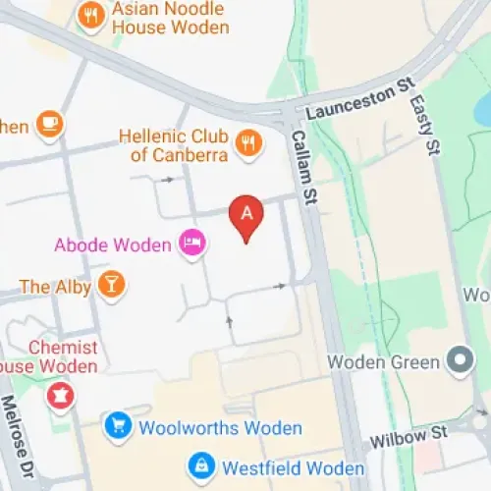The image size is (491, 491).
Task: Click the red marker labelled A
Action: (246, 217)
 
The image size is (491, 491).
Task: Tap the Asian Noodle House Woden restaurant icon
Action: (91, 16)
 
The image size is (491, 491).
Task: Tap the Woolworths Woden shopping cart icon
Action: (119, 426)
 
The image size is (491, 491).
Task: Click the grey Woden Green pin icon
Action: (459, 361)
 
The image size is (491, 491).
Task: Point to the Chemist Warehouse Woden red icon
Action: (61, 396)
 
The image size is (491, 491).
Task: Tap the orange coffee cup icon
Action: (49, 124)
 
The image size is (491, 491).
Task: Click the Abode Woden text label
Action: (112, 245)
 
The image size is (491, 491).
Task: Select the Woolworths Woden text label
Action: (220, 428)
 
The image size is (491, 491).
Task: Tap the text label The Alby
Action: (55, 287)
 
